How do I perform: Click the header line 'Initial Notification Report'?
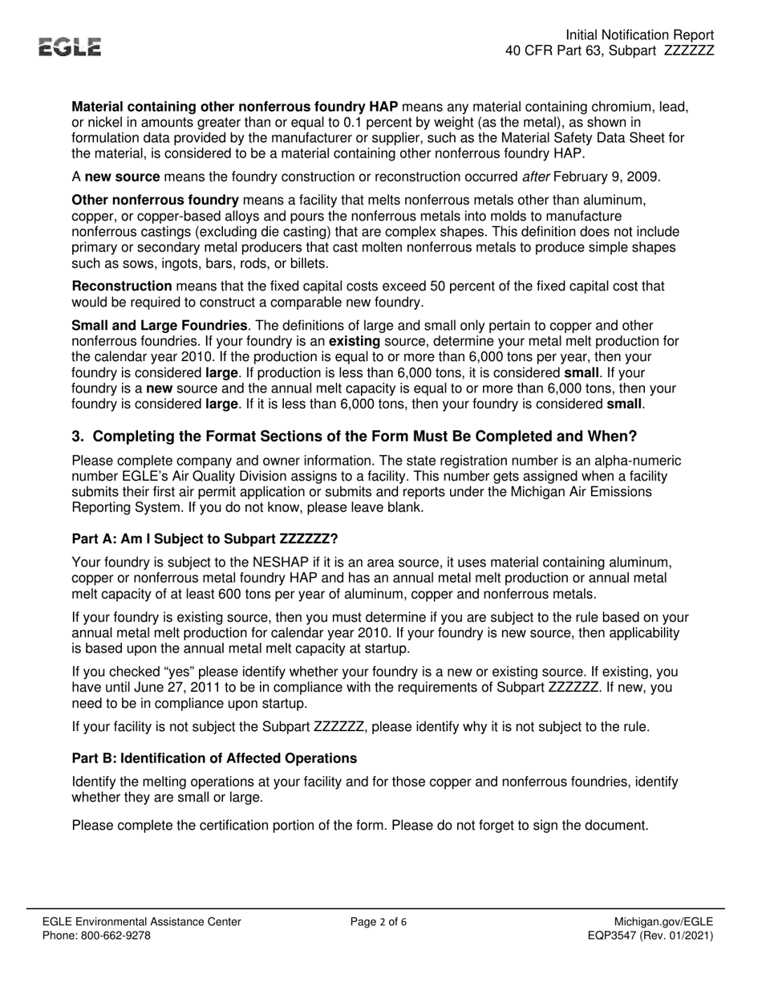pyautogui.click(x=639, y=35)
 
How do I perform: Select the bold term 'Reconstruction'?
pyautogui.click(x=122, y=286)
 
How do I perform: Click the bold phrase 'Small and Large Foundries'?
pyautogui.click(x=160, y=326)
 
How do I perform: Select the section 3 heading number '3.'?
pyautogui.click(x=78, y=437)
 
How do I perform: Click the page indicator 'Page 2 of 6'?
pyautogui.click(x=379, y=922)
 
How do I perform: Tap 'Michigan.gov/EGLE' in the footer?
pyautogui.click(x=663, y=922)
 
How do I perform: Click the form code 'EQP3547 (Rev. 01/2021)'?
pyautogui.click(x=650, y=936)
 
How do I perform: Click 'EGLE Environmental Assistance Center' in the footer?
pyautogui.click(x=142, y=922)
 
